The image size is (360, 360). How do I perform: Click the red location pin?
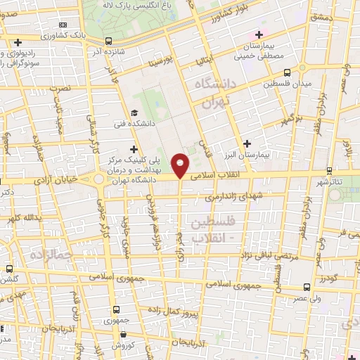tap(181, 165)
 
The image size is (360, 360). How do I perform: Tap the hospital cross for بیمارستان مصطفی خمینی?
tap(259, 34)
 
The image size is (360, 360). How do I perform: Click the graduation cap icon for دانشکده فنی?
tap(134, 113)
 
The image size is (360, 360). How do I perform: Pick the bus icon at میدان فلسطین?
tap(288, 72)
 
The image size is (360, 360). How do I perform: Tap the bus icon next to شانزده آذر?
tap(108, 41)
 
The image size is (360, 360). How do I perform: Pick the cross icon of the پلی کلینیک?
tap(134, 149)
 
